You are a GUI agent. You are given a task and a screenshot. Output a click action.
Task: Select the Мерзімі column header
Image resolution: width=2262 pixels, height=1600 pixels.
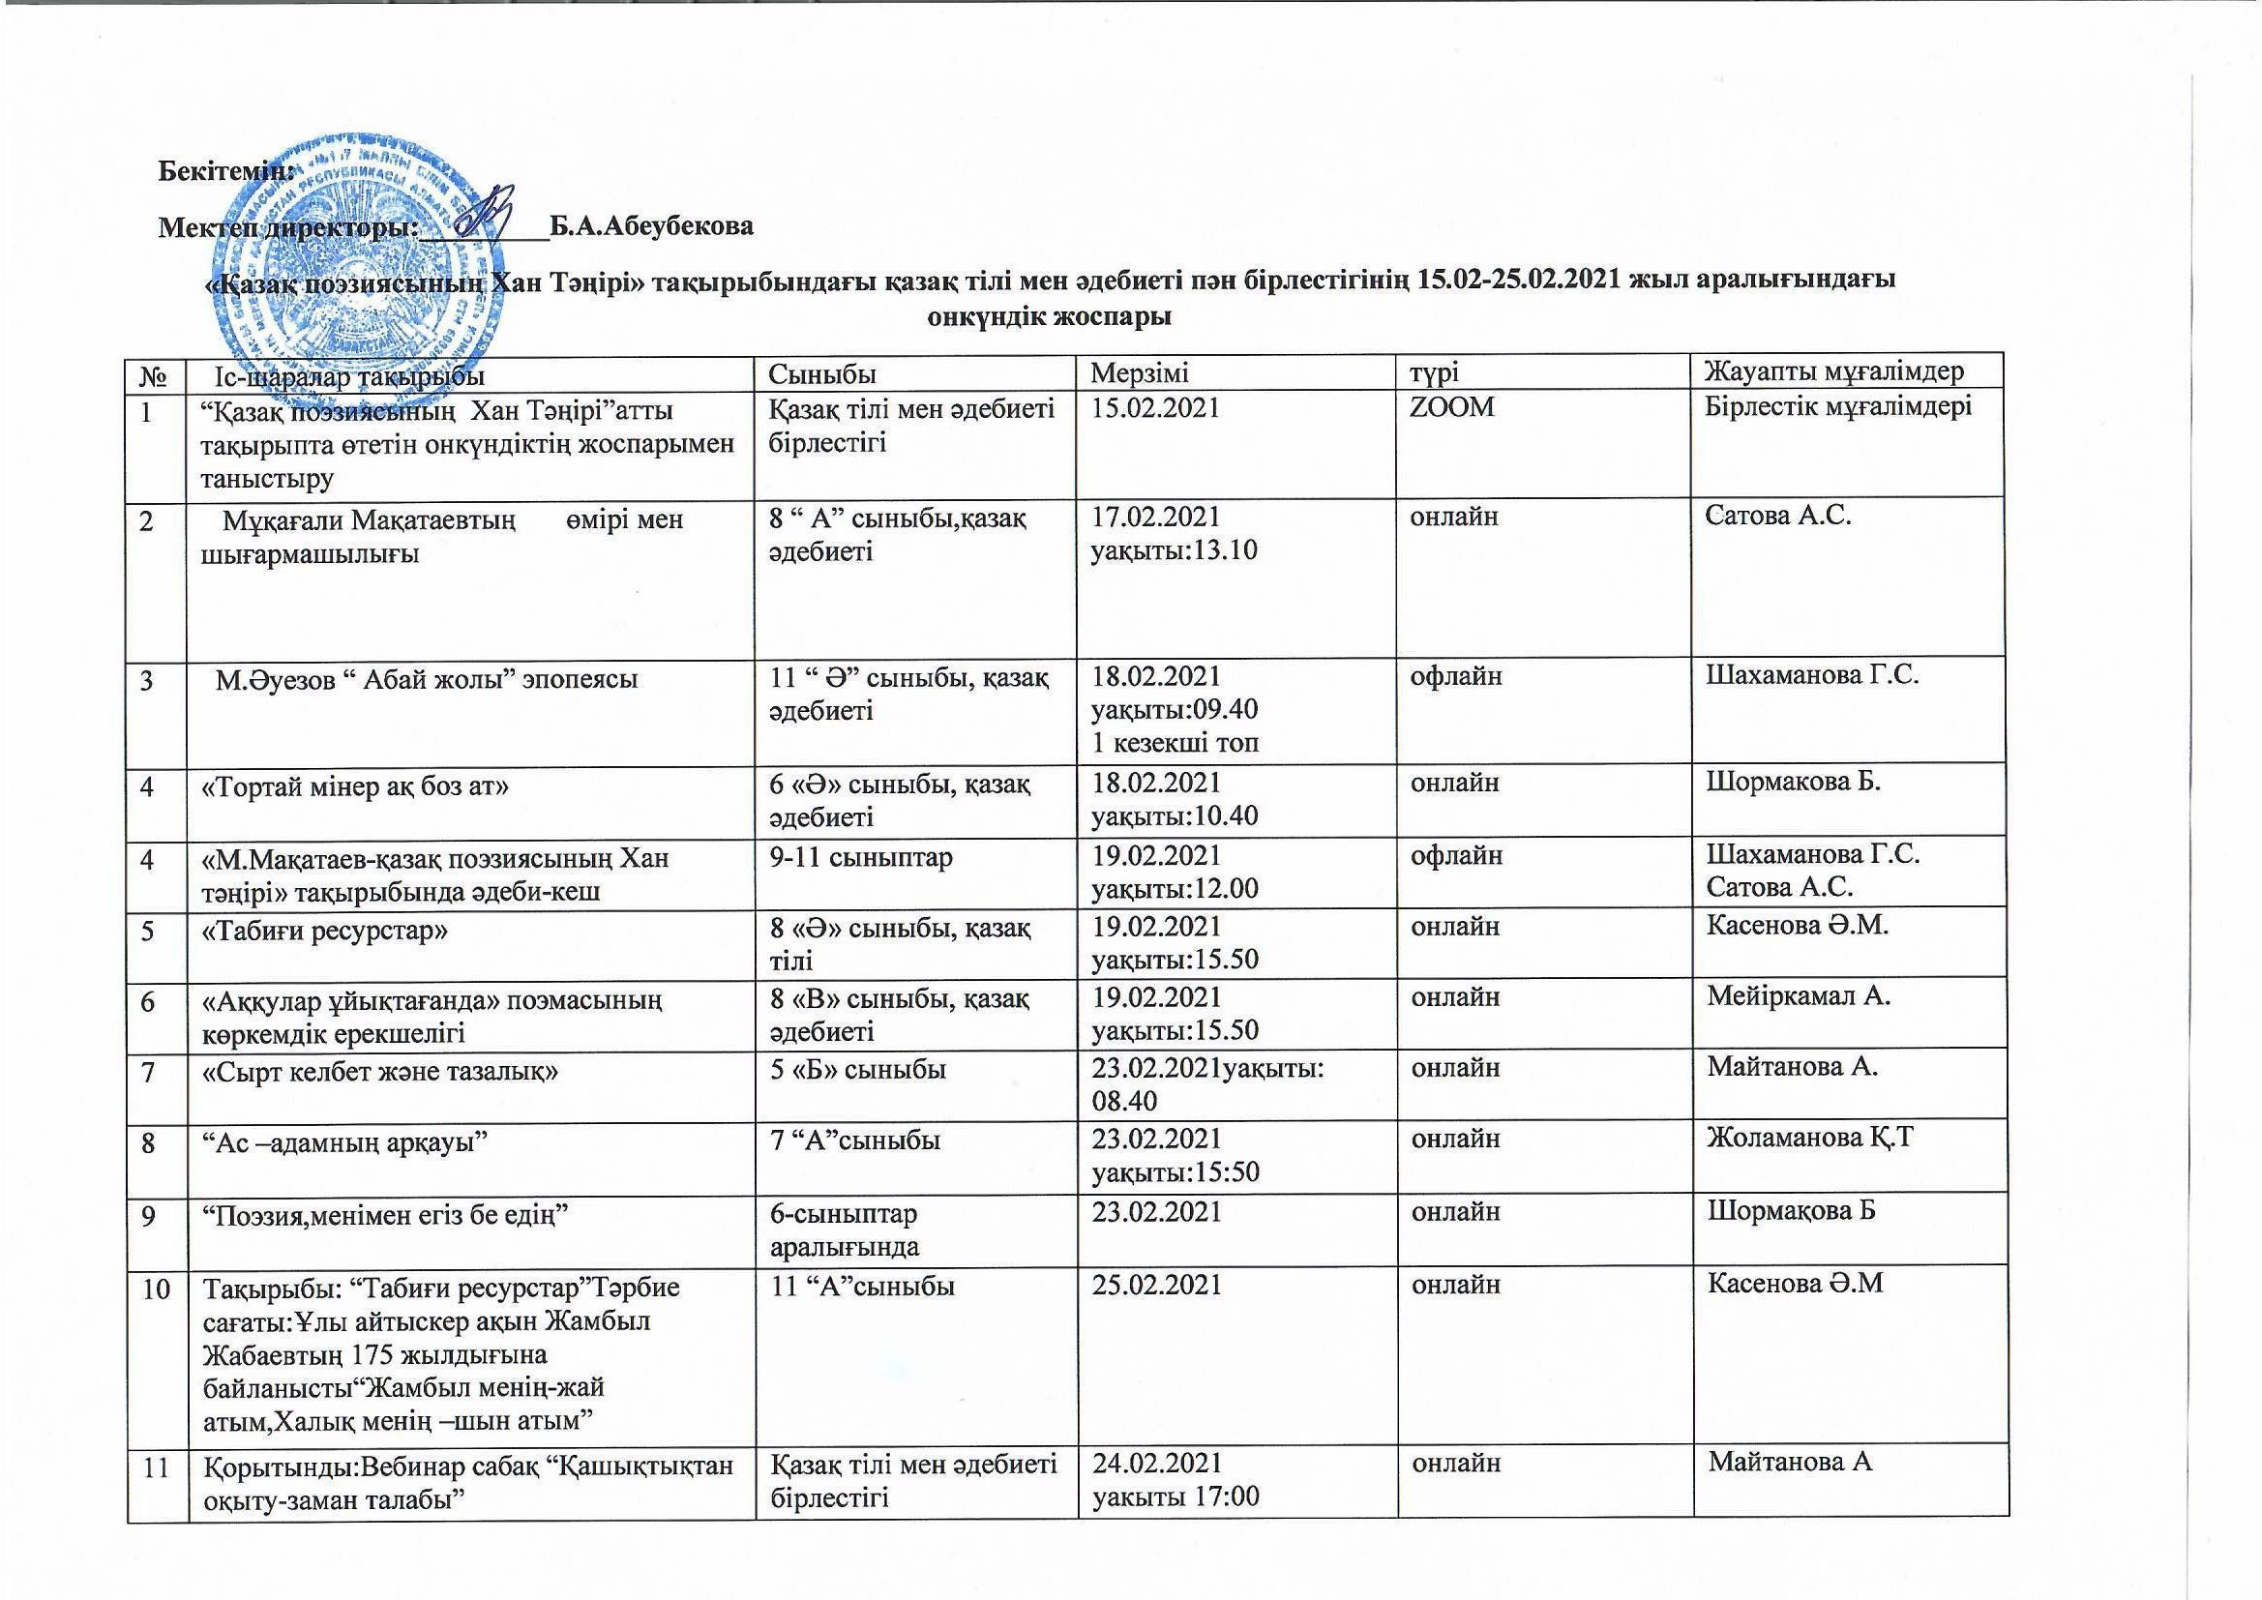click(1140, 372)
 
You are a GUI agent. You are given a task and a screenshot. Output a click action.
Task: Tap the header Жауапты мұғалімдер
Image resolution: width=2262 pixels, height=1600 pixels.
click(1834, 372)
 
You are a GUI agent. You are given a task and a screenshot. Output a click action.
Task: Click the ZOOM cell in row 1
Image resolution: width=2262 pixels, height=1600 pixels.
click(1453, 407)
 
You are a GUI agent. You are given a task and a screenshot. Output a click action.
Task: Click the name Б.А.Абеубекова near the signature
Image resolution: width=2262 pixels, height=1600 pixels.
click(651, 226)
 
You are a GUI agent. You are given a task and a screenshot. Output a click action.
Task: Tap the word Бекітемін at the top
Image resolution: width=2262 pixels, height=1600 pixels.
click(225, 169)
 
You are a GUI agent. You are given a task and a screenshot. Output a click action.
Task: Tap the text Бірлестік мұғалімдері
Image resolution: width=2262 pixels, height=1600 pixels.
click(1838, 407)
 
